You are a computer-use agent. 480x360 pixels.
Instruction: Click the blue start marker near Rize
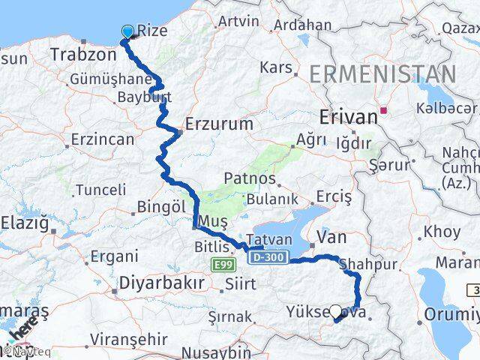point(127,31)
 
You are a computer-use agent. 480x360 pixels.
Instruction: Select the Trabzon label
point(81,54)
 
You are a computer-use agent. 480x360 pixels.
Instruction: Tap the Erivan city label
point(348,116)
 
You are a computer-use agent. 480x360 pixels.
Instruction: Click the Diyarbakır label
point(162,283)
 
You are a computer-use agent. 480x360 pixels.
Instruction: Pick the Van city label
point(331,238)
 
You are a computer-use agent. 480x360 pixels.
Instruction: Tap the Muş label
point(214,222)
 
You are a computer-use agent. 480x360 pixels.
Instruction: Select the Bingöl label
point(161,205)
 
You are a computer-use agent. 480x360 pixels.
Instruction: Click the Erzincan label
point(103,139)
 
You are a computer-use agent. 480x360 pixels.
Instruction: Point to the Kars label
point(275,67)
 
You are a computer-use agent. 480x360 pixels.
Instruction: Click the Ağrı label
point(312,139)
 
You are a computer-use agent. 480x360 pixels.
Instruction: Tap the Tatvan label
point(263,240)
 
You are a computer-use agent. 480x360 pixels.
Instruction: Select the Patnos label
point(249,179)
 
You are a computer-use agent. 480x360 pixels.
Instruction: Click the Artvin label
point(238,21)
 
